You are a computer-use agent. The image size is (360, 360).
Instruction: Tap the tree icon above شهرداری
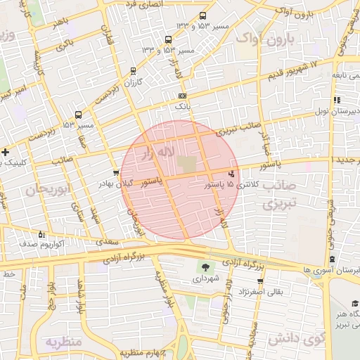205,267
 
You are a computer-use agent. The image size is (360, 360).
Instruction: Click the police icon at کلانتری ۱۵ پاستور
232,173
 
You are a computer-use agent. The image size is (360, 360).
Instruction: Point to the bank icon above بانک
183,96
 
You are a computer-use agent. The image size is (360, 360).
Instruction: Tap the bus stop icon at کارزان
134,71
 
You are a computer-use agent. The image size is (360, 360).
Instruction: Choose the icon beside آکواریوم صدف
41,234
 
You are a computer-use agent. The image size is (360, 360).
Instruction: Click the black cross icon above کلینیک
5,152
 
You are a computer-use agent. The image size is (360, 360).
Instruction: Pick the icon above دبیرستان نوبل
337,100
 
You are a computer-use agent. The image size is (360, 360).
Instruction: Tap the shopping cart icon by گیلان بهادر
116,172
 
